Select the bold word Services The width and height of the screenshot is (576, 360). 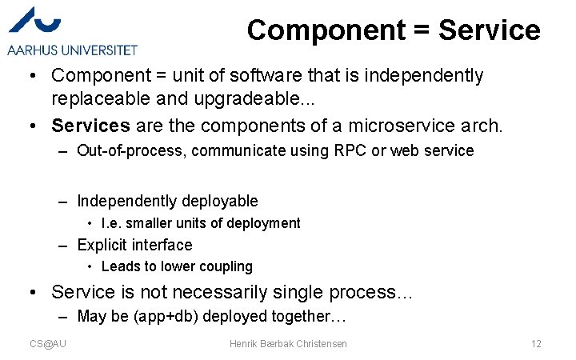[90, 126]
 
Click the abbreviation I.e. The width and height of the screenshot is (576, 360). [111, 223]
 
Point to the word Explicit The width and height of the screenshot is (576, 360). [102, 245]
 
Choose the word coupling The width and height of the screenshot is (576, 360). [226, 266]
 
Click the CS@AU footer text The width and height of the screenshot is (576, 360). [48, 343]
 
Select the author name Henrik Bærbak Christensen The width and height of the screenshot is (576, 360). [288, 343]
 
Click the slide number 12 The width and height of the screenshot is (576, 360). [536, 343]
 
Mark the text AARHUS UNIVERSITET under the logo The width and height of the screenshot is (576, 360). [73, 50]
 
